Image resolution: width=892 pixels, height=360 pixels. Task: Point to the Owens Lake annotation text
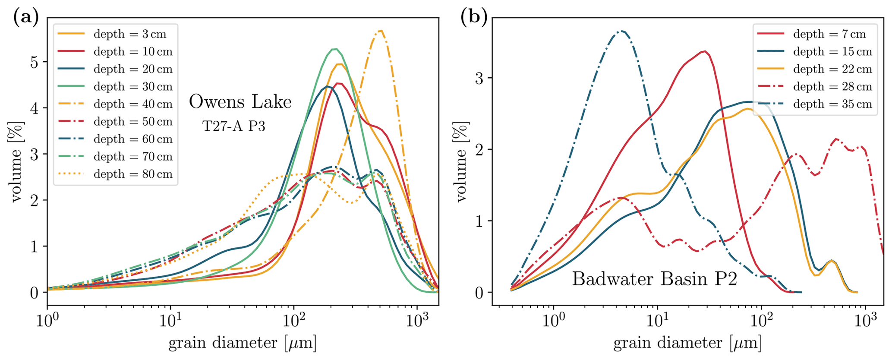coord(240,102)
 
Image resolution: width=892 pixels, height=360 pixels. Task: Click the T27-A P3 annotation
coord(233,126)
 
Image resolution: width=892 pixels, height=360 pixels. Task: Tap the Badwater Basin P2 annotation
coord(654,279)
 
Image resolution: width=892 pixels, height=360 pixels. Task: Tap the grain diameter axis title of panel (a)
coord(242,344)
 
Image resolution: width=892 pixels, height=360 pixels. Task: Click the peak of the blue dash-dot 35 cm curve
coord(622,31)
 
